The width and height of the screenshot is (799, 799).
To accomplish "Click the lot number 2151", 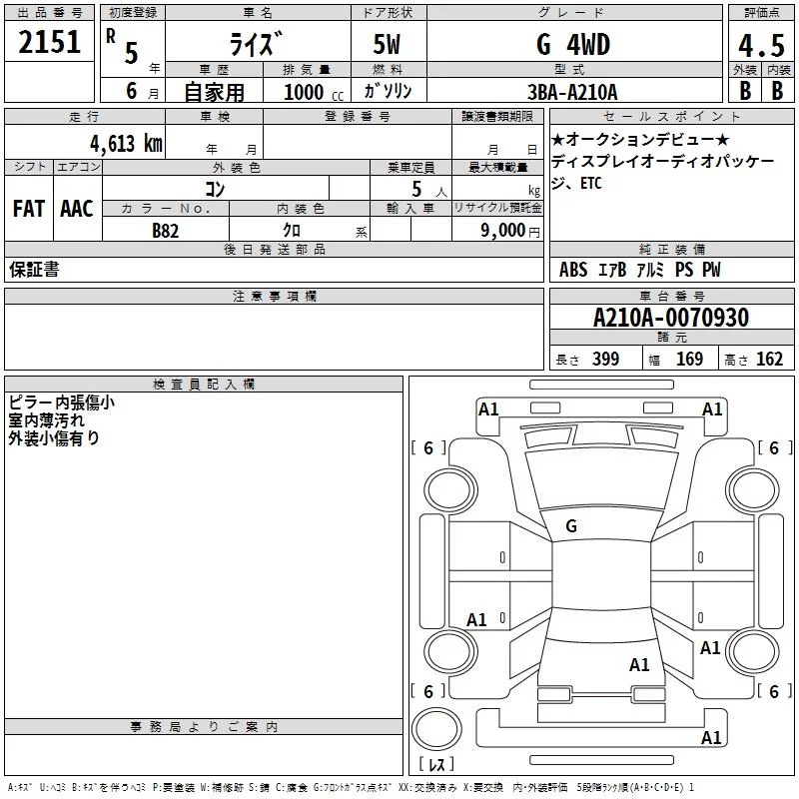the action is (49, 42).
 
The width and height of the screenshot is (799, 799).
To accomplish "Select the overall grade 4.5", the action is (761, 46).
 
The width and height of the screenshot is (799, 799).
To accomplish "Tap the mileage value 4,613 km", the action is (127, 144).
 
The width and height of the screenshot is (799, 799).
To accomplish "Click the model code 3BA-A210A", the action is (572, 92).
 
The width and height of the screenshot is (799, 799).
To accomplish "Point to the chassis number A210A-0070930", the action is (671, 318).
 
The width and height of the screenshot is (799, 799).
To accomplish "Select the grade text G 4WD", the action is (573, 44).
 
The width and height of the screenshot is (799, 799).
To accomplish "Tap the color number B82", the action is (166, 231).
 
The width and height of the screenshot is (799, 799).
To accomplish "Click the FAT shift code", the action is (29, 209).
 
